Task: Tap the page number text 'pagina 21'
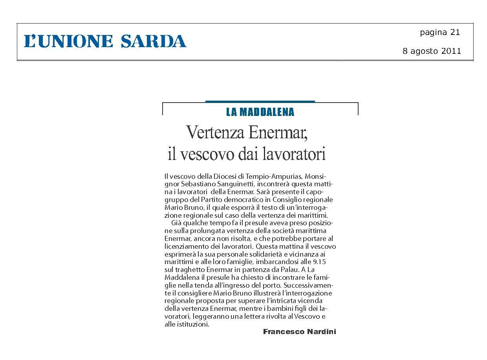(439, 33)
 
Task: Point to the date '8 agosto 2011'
(432, 51)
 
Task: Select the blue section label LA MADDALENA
(260, 112)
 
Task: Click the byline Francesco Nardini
(299, 332)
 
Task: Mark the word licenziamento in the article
(185, 246)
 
